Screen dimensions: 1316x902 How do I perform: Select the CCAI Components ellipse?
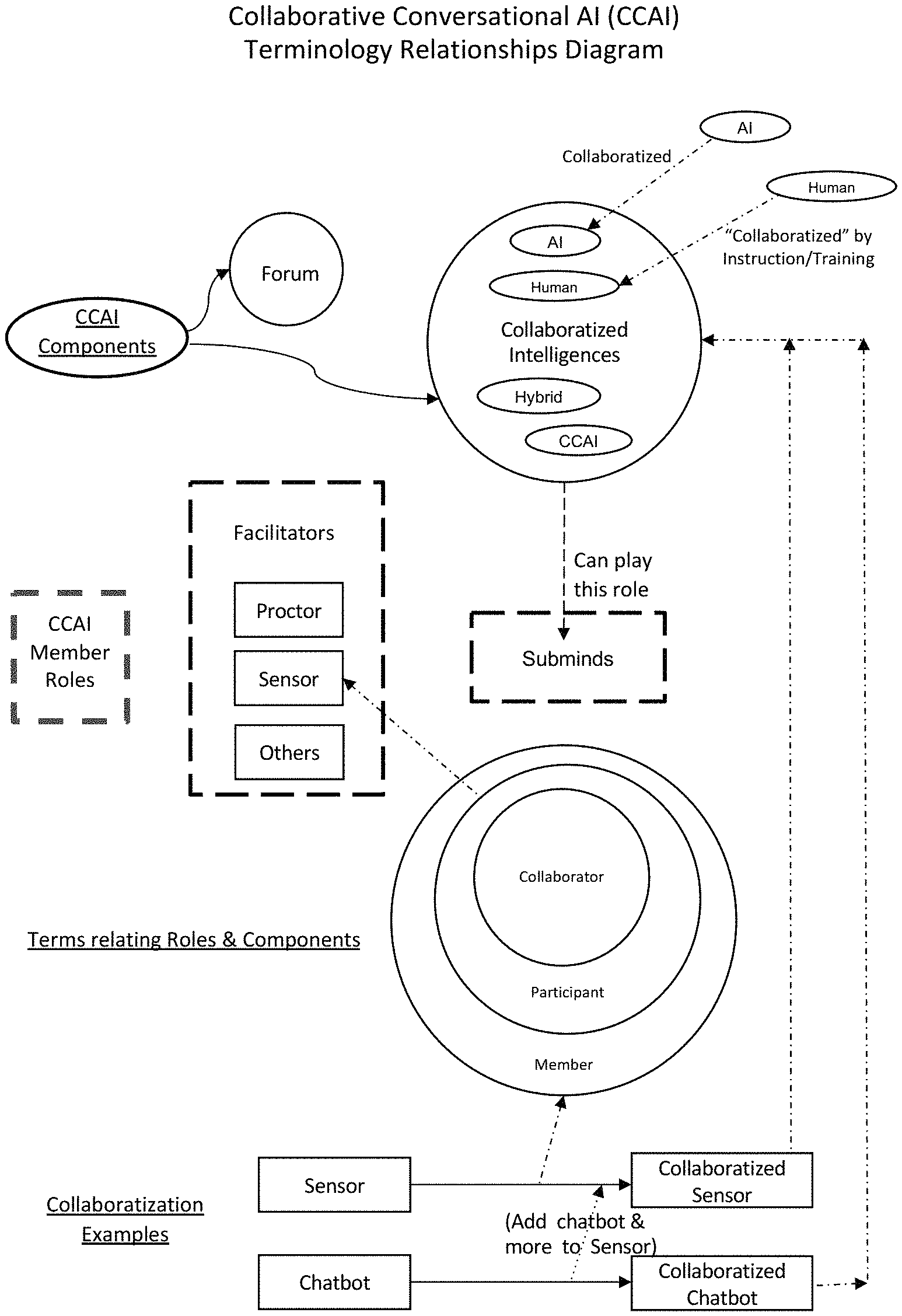coord(97,337)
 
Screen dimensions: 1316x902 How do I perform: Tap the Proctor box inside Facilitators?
coord(289,610)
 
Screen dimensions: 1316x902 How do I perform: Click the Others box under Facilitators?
coord(289,752)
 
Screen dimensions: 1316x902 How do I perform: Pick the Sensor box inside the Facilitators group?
coord(289,678)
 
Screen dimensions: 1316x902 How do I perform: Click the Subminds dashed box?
coord(568,658)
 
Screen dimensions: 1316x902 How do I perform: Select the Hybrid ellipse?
coord(539,397)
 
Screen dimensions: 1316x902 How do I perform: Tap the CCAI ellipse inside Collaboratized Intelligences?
coord(578,441)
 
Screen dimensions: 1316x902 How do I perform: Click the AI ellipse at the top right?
coord(745,128)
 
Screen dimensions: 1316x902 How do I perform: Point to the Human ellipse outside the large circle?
coord(831,187)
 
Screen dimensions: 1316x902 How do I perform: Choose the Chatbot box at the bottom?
coord(334,1282)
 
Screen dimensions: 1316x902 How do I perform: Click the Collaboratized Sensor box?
coord(722,1181)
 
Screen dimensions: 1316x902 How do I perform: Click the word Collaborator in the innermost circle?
coord(561,877)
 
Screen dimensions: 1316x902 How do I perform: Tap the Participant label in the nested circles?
coord(567,992)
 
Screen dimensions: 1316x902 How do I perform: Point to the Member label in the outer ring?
coord(564,1064)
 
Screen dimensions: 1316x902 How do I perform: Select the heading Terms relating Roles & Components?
coord(194,940)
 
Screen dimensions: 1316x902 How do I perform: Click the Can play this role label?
coord(612,574)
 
